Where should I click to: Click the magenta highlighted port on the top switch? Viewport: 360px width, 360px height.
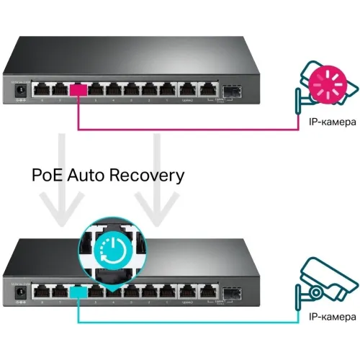coord(78,91)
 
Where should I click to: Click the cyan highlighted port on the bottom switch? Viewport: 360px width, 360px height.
coord(78,291)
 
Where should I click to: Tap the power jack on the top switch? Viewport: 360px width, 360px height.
coord(21,91)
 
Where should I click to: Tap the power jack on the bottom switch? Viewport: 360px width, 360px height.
coord(21,291)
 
